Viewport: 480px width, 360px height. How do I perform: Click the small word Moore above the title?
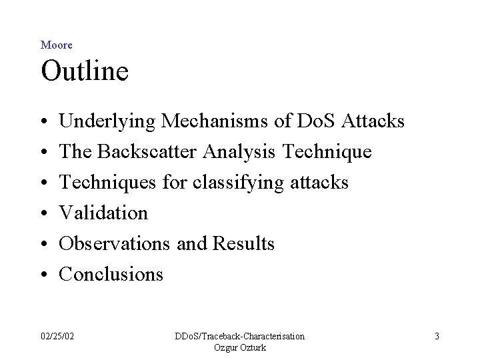click(x=57, y=45)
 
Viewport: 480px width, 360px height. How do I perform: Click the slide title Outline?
click(x=84, y=71)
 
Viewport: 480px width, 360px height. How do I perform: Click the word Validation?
click(x=103, y=213)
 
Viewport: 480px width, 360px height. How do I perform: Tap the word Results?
click(x=243, y=243)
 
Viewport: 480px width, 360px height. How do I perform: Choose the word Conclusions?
click(x=111, y=274)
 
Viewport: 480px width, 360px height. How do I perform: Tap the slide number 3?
click(x=437, y=336)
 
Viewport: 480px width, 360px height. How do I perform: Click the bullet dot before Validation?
click(x=44, y=213)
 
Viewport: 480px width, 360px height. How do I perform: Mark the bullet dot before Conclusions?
click(x=44, y=275)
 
